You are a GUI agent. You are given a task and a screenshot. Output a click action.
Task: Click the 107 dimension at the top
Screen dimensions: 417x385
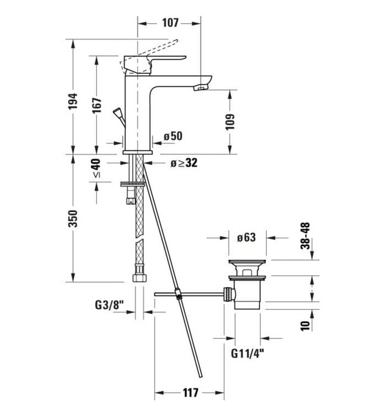coord(170,23)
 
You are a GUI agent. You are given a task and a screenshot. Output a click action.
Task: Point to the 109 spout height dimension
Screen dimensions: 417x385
coord(230,122)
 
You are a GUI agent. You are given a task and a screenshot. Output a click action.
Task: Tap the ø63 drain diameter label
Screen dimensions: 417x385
coord(246,238)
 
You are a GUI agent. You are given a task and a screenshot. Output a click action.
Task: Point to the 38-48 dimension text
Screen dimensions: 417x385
coord(306,235)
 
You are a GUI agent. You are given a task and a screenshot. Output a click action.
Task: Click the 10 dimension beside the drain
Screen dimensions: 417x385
coord(305,325)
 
